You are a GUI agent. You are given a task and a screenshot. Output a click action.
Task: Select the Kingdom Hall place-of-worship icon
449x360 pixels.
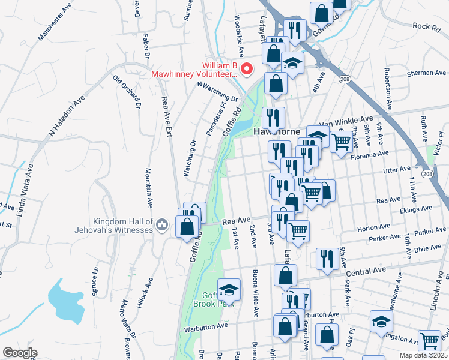(x=161, y=225)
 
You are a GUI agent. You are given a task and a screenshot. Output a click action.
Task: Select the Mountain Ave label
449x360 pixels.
(x=147, y=184)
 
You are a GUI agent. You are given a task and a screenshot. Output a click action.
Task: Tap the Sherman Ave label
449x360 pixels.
(x=426, y=73)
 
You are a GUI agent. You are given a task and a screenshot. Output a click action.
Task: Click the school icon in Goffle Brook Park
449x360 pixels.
(x=229, y=290)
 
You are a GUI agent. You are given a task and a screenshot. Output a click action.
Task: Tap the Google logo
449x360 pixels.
(x=20, y=353)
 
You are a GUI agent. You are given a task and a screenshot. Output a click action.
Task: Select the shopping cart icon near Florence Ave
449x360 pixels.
(x=341, y=142)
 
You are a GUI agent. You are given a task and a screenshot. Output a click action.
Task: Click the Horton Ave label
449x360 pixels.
(x=372, y=228)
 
